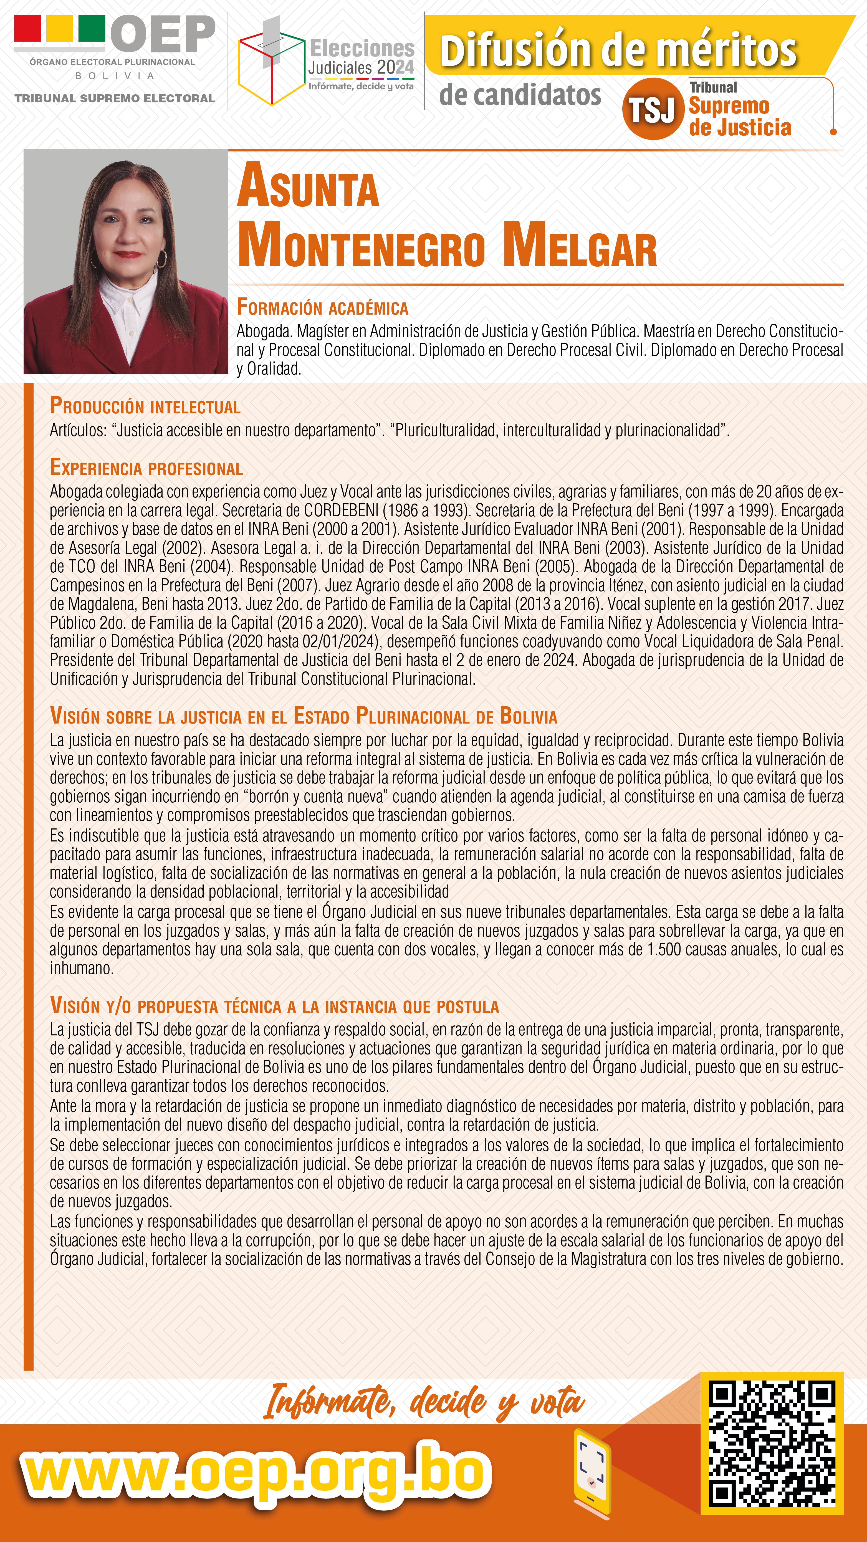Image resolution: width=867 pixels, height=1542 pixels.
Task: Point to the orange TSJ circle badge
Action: point(653,109)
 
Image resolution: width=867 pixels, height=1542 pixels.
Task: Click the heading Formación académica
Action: point(322,307)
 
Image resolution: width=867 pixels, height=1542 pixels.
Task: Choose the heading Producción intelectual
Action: point(145,406)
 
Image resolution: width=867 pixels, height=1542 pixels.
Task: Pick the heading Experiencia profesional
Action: point(146,467)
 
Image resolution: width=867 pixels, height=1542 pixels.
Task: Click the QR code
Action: point(772,1443)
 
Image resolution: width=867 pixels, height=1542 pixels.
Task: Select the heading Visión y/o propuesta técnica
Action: point(274,1006)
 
